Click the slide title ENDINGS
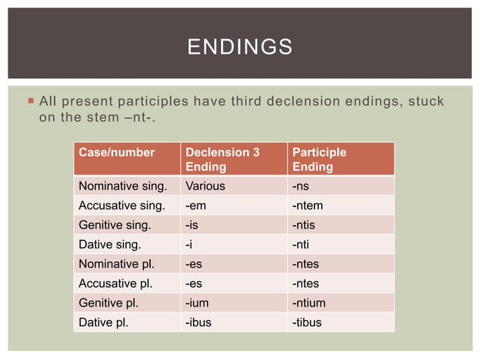240,47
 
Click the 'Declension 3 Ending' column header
222,159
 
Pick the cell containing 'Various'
205,185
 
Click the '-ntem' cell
308,205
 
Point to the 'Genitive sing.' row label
114,224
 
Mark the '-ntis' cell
305,224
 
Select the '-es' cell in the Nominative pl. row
195,264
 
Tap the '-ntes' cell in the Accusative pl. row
305,283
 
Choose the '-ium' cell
198,303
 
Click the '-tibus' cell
307,322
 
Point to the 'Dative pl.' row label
103,322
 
